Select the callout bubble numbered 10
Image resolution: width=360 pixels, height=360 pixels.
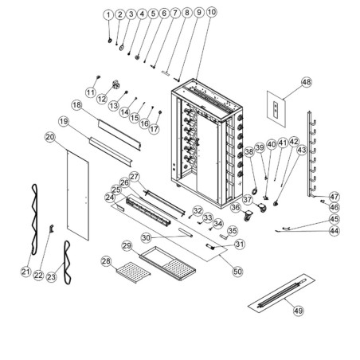pyautogui.click(x=210, y=14)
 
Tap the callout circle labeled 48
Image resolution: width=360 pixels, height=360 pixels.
pyautogui.click(x=307, y=82)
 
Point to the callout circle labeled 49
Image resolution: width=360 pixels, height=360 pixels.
pyautogui.click(x=299, y=311)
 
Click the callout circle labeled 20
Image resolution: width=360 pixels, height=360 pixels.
pyautogui.click(x=49, y=138)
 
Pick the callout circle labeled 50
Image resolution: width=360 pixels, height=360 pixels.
pyautogui.click(x=237, y=271)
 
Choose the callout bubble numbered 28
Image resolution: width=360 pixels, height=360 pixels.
pyautogui.click(x=106, y=260)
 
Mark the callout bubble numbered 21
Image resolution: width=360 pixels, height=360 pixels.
pyautogui.click(x=25, y=273)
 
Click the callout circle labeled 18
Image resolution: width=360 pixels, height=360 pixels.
pyautogui.click(x=76, y=104)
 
